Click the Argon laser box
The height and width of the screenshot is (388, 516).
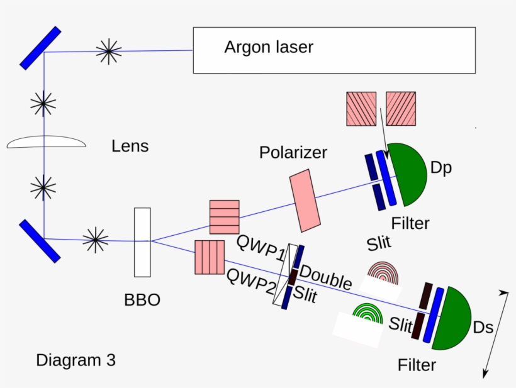(x=334, y=50)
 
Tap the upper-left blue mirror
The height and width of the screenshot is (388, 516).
(x=40, y=47)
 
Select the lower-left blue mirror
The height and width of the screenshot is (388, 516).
(x=40, y=240)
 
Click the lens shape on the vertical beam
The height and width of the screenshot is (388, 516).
(x=46, y=143)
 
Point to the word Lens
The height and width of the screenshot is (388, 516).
(x=130, y=147)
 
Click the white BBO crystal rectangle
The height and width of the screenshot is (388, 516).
(x=142, y=242)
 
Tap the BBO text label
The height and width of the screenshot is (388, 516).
(x=142, y=300)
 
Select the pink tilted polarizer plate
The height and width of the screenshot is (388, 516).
(x=305, y=201)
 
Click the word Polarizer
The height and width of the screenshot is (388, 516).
(x=293, y=153)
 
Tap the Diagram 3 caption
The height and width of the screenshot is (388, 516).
(x=76, y=360)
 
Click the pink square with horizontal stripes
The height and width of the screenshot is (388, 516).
(x=224, y=217)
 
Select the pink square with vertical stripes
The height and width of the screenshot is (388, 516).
(x=210, y=257)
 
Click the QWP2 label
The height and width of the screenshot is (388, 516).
(x=250, y=282)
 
